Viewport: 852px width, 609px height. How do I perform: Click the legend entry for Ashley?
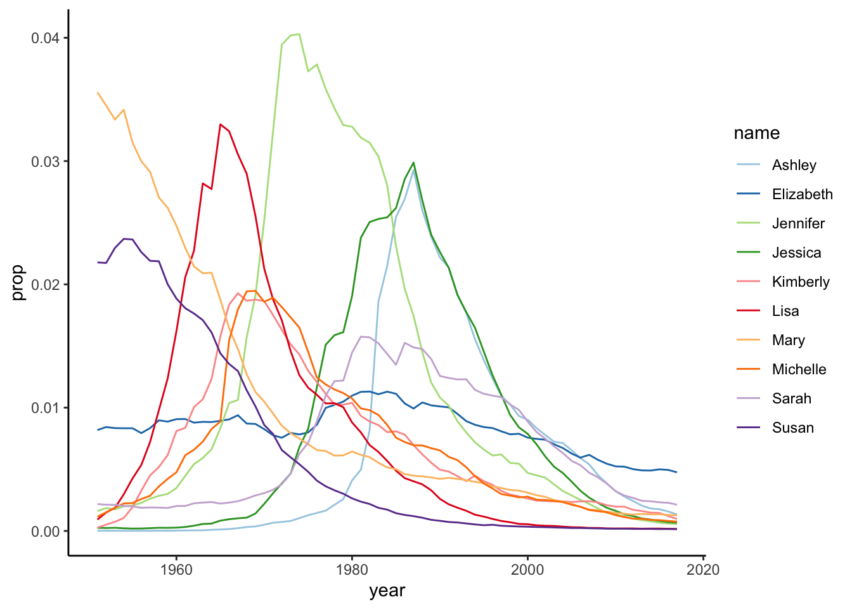point(794,165)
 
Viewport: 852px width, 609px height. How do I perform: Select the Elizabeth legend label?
point(802,194)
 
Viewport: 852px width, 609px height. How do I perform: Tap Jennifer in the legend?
point(798,223)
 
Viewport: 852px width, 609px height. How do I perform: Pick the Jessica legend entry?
point(796,252)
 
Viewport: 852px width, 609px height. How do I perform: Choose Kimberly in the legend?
point(801,282)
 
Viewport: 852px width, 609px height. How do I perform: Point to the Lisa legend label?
point(785,311)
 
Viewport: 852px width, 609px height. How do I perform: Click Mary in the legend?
point(788,340)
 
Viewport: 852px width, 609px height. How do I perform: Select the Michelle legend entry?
point(799,369)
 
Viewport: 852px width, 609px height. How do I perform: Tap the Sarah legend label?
point(791,398)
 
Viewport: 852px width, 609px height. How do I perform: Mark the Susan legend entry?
point(792,428)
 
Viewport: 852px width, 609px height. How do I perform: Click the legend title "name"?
point(756,133)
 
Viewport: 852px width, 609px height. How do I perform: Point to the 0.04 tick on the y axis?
point(45,38)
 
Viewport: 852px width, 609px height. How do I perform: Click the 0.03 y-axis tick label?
point(45,161)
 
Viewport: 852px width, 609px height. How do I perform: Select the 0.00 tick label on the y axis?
point(45,531)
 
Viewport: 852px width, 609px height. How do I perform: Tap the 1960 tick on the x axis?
point(176,569)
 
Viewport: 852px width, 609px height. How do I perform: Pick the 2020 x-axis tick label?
point(703,569)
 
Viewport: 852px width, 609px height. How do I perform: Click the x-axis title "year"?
point(387,591)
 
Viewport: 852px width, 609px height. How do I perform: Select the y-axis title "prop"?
point(18,283)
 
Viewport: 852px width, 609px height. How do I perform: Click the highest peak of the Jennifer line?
point(299,34)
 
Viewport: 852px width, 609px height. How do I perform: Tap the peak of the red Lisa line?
point(220,124)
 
